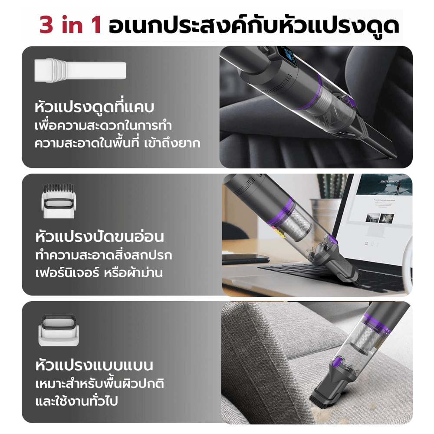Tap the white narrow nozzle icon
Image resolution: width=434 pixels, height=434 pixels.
(80, 72)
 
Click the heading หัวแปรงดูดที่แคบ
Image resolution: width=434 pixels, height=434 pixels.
(92, 108)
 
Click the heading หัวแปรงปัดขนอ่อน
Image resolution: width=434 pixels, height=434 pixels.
(99, 237)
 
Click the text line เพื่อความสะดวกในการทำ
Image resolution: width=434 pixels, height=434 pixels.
(103, 126)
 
